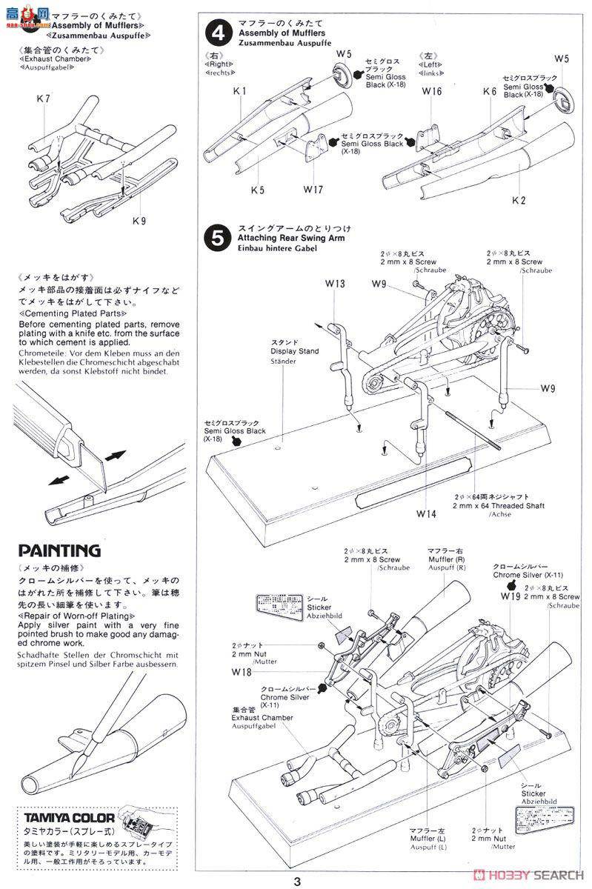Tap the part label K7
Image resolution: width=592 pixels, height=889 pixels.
[x=42, y=99]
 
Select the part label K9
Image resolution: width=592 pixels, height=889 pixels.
[x=139, y=220]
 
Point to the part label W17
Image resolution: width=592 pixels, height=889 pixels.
[x=313, y=190]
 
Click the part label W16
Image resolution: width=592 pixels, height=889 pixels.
[x=432, y=91]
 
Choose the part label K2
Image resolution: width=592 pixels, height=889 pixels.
[x=497, y=200]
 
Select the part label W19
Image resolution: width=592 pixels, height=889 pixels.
[x=510, y=596]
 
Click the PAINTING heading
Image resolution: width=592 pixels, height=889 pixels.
[x=59, y=550]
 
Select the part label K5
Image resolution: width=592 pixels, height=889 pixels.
[x=257, y=190]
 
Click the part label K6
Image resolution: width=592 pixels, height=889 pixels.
[x=489, y=91]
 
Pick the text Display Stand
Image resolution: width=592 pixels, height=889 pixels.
[x=295, y=350]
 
